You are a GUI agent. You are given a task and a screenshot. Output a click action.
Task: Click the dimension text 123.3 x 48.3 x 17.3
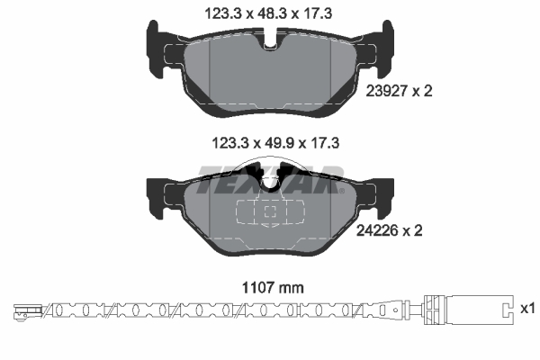point(268,14)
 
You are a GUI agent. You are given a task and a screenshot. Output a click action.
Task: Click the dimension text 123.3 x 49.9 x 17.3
point(275,143)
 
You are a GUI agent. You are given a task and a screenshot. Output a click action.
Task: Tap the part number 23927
point(387,91)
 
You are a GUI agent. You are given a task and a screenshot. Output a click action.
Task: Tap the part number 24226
point(377,230)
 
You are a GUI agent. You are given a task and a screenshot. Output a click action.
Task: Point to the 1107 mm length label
point(273,288)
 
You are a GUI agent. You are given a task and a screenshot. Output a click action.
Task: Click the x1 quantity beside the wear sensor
point(527,309)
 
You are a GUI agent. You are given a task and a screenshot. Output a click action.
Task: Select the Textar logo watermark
point(270,179)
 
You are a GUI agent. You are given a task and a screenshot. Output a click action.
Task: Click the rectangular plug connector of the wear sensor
point(469,310)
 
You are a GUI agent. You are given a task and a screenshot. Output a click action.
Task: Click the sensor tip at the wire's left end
point(27,311)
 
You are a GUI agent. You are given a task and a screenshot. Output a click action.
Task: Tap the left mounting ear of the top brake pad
point(156,49)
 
